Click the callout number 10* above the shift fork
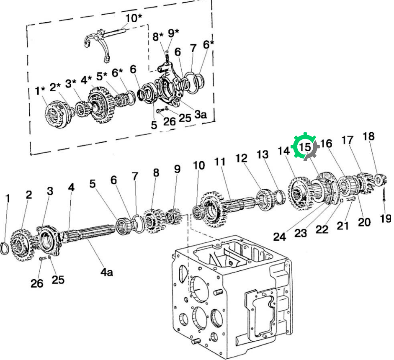point(134,18)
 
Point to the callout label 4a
point(107,272)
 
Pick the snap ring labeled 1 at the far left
point(5,248)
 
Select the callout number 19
point(386,219)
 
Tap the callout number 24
point(280,237)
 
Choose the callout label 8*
point(158,36)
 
